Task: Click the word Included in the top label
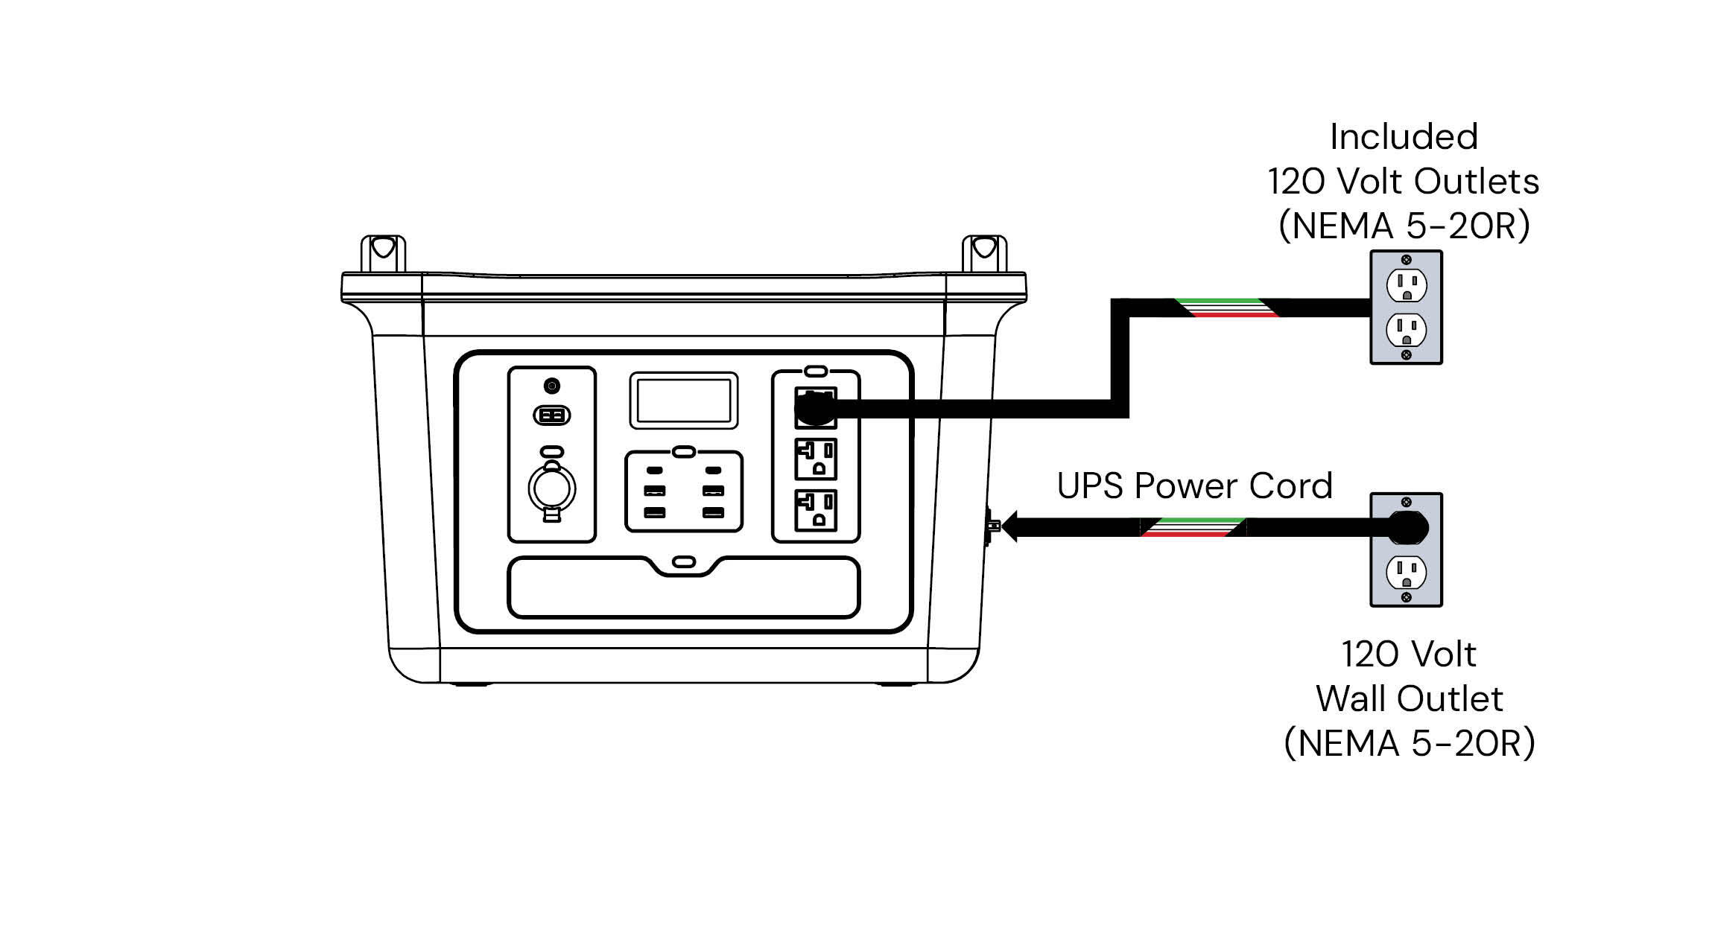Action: (1404, 137)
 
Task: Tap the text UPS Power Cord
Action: (1194, 486)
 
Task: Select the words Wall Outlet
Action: (1409, 698)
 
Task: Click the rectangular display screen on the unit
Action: (683, 401)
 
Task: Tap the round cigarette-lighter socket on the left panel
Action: (552, 488)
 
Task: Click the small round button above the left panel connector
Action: (552, 386)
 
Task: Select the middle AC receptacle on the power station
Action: (816, 459)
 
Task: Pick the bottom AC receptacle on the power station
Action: (816, 510)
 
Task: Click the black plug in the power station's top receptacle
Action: (814, 408)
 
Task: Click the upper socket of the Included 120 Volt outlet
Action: (1406, 285)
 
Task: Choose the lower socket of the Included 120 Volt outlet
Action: (1406, 330)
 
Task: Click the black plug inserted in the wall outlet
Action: (1407, 528)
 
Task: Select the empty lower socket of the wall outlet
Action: (1406, 573)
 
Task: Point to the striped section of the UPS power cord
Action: (1193, 527)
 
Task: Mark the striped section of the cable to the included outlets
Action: (1226, 308)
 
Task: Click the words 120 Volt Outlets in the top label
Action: (1404, 182)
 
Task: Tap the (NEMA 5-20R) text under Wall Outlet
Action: (1409, 743)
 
